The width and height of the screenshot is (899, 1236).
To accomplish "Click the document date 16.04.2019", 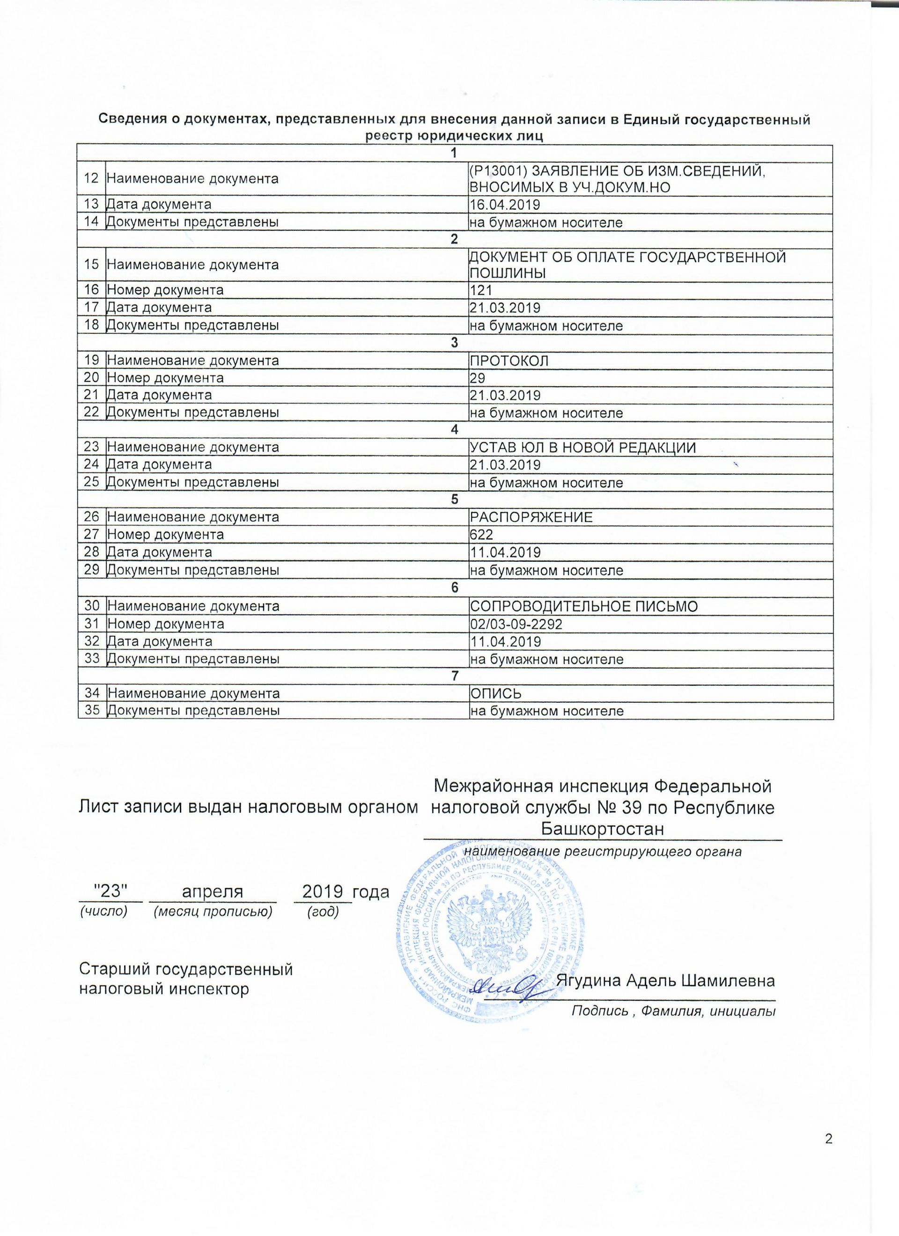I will click(x=504, y=205).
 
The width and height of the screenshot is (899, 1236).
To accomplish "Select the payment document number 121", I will click(x=480, y=290).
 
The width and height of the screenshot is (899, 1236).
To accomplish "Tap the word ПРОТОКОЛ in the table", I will click(x=508, y=360).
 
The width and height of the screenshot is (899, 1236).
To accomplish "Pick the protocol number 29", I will click(x=477, y=378).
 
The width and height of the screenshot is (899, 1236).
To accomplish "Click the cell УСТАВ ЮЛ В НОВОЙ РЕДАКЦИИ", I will click(x=583, y=448).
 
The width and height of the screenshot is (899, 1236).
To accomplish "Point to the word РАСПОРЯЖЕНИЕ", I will click(x=531, y=517).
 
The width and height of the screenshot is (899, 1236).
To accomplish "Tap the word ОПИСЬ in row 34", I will click(x=495, y=693).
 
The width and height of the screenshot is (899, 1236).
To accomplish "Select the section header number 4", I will click(x=455, y=430).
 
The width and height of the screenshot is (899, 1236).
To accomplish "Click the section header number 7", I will click(x=455, y=676).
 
